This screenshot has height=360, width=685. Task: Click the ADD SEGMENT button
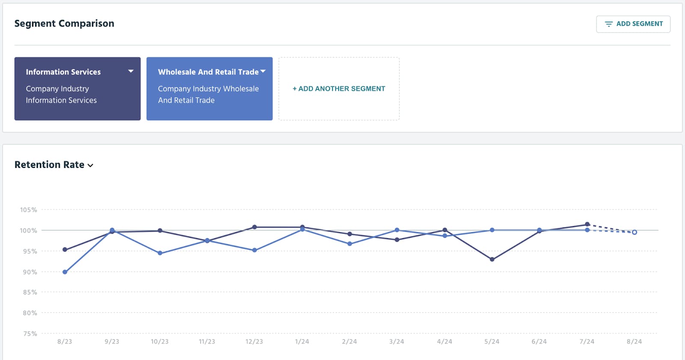point(633,24)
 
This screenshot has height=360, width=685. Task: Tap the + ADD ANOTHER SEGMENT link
point(339,89)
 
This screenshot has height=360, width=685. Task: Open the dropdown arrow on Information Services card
point(131,71)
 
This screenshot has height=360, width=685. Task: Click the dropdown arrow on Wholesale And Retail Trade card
point(263,71)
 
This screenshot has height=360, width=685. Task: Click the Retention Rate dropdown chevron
point(90,166)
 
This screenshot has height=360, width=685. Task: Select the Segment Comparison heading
point(64,24)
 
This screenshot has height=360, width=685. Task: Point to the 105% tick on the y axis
point(29,210)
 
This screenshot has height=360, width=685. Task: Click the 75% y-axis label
point(30,333)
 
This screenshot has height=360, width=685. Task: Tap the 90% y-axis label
point(30,272)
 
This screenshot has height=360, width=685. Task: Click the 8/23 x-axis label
point(65,342)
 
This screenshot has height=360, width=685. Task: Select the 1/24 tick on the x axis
point(302,342)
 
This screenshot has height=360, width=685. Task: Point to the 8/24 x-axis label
point(634,342)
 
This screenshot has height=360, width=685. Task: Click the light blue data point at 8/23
point(65,272)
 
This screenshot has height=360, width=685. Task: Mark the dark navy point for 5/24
point(492,259)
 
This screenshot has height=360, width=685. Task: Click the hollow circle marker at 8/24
point(634,232)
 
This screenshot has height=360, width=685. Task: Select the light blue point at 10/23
point(160,253)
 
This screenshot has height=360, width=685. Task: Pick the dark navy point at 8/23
point(65,250)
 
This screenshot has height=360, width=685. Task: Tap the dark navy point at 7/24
point(587,224)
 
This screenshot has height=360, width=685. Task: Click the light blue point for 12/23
point(254,250)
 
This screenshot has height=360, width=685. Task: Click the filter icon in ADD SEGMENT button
point(608,24)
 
